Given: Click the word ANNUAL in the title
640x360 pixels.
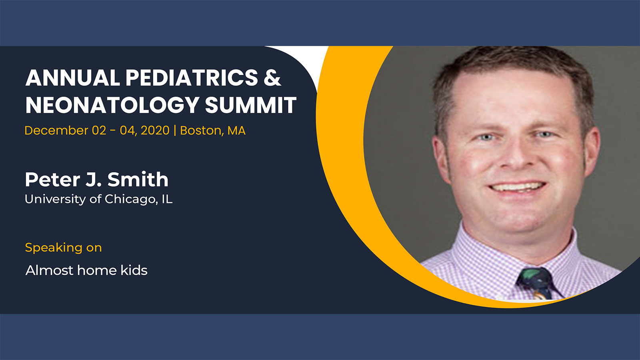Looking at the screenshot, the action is [x=72, y=78].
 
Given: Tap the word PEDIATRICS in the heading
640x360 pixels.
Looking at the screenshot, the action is [x=192, y=78].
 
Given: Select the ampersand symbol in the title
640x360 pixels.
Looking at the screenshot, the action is [x=272, y=78].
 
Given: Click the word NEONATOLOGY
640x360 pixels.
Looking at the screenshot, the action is [x=112, y=105].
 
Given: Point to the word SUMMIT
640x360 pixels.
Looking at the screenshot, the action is [x=250, y=105].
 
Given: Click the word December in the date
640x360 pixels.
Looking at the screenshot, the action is [x=56, y=130].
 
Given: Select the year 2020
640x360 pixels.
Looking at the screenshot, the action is [x=155, y=130].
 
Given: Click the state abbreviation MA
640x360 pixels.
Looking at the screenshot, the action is [x=236, y=131].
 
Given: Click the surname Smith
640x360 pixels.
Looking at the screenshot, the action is [x=138, y=180].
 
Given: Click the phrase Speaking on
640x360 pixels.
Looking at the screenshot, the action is [x=64, y=248].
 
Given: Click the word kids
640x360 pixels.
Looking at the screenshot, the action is [x=134, y=270].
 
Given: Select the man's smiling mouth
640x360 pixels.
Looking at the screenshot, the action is [x=517, y=188].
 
